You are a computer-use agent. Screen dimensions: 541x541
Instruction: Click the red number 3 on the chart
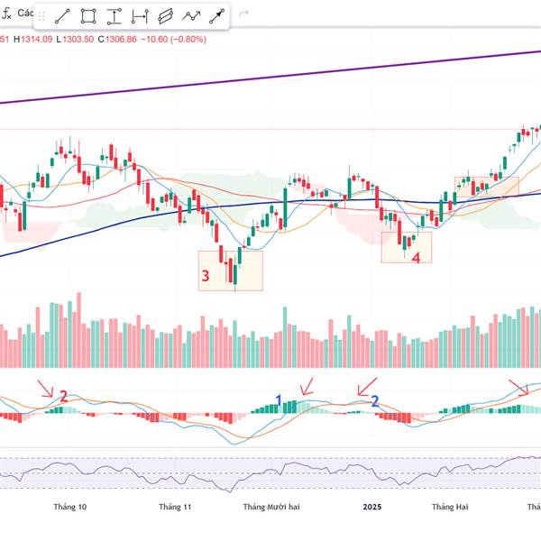(206, 276)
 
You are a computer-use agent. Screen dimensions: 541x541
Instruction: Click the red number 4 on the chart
(416, 258)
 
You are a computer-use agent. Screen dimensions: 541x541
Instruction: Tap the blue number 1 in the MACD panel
(280, 399)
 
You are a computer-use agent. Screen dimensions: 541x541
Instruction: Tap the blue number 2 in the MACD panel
(375, 399)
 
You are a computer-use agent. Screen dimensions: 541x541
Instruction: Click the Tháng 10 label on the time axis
(69, 507)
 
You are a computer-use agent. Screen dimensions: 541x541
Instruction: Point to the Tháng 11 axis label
(175, 507)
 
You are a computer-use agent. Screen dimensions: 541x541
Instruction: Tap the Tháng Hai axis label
(450, 507)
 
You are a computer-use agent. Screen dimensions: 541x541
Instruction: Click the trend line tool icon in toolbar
(63, 16)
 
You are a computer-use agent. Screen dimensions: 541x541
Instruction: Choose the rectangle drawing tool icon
(88, 16)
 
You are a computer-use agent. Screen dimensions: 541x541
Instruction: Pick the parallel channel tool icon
(165, 16)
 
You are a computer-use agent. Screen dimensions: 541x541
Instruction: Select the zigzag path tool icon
(191, 16)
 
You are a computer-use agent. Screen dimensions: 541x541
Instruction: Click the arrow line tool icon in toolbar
(216, 16)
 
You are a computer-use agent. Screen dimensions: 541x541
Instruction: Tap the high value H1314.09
(35, 40)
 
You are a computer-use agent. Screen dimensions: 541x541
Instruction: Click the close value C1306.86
(117, 40)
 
